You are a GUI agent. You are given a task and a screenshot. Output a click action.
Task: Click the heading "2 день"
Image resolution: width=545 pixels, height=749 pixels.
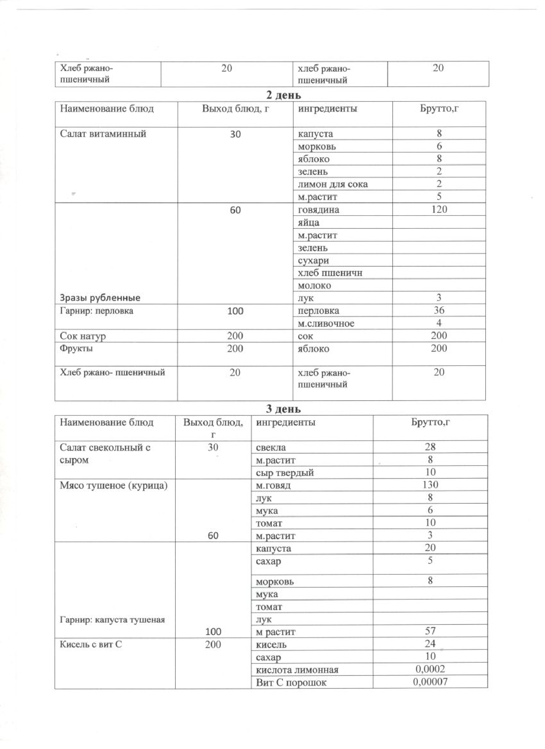tap(283, 95)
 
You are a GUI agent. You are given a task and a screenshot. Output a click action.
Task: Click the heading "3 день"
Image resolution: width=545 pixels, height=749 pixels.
tap(283, 409)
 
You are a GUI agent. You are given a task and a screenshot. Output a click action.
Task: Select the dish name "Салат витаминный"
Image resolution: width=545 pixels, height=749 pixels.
tap(103, 134)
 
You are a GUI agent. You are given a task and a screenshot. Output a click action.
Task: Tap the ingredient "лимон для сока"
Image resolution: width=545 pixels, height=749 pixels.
tap(332, 184)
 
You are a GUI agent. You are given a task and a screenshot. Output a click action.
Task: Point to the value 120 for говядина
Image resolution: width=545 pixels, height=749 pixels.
tap(439, 209)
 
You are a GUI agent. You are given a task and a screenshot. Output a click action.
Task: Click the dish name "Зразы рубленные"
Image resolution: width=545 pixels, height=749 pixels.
tap(100, 298)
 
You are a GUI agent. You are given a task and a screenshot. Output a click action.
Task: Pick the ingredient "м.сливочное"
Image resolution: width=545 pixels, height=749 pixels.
tap(326, 323)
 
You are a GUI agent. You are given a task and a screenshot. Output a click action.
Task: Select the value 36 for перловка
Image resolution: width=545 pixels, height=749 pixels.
tap(439, 310)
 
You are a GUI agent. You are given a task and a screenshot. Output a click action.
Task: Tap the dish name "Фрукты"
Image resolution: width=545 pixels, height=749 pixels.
tap(76, 348)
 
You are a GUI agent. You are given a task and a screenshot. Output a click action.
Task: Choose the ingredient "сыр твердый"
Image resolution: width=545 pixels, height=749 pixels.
tap(285, 473)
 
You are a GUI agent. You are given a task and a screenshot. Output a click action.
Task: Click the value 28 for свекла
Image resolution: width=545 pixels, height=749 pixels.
tap(430, 447)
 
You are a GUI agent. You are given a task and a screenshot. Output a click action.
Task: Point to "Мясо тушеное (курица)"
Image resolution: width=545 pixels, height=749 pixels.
tap(113, 485)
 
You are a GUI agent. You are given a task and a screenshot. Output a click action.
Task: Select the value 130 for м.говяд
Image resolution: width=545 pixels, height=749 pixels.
tap(430, 485)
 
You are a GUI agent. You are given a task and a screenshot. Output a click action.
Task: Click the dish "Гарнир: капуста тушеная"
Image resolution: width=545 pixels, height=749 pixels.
tap(112, 620)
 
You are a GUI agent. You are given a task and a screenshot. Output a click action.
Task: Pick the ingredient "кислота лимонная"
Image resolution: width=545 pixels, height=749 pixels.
tap(297, 670)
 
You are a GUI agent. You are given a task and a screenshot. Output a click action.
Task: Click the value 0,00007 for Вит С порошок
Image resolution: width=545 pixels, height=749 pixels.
tap(430, 682)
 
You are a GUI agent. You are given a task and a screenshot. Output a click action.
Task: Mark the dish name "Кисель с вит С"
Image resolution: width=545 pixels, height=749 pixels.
tap(90, 644)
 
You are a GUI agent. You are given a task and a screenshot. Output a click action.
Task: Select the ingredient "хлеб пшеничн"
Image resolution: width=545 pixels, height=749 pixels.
tap(330, 273)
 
